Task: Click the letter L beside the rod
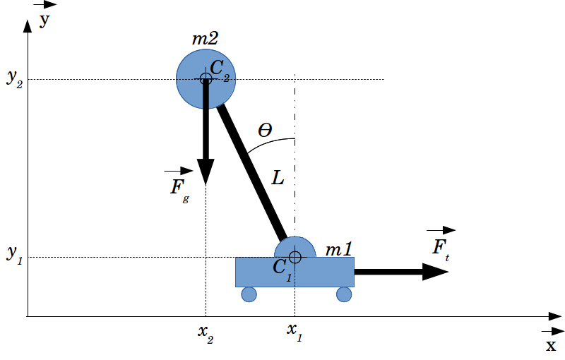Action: (x=278, y=179)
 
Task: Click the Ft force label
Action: (x=441, y=248)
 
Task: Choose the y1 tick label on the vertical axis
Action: (x=15, y=257)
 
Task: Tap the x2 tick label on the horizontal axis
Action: (x=206, y=332)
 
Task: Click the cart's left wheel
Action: (x=249, y=294)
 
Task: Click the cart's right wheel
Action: (x=344, y=294)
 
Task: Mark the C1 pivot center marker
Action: (x=295, y=257)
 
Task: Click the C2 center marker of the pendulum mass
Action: (x=206, y=78)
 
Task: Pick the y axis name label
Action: (x=44, y=20)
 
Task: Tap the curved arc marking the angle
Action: (x=268, y=143)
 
